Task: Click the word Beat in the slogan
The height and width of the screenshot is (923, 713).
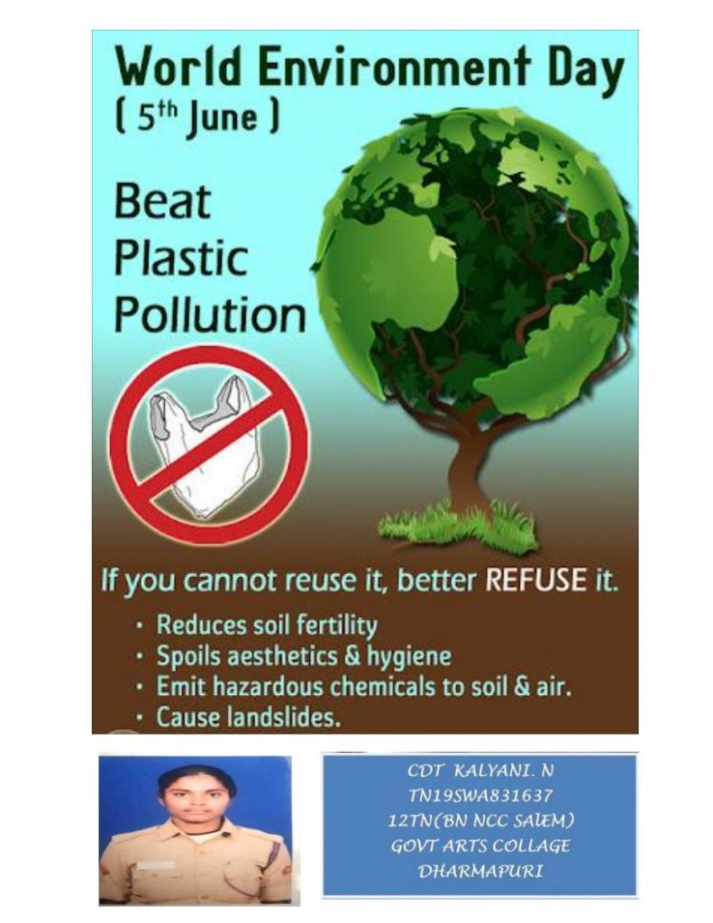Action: (x=162, y=202)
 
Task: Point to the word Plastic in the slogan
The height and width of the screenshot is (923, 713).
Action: (x=181, y=259)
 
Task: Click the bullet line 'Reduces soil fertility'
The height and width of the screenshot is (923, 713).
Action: (x=267, y=626)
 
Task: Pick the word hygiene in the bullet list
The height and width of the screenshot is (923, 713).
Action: (x=408, y=657)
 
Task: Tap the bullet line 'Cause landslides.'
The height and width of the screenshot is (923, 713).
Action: (x=249, y=717)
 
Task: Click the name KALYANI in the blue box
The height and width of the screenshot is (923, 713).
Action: (x=492, y=771)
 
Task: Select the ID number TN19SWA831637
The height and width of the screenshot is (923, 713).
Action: (x=480, y=796)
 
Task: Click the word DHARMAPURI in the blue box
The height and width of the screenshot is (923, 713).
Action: (x=480, y=872)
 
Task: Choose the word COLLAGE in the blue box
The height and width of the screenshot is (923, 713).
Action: (x=530, y=845)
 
